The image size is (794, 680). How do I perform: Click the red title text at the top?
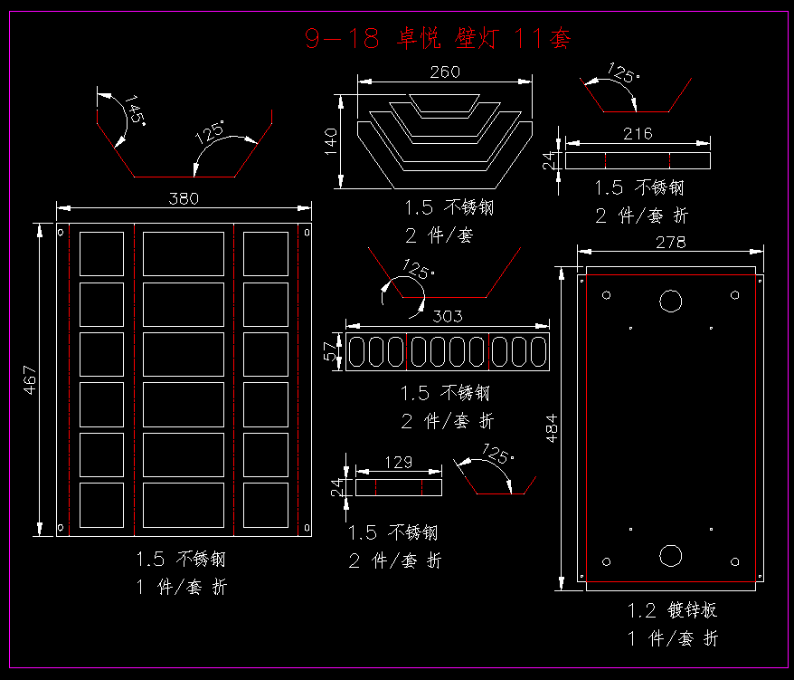click(x=438, y=38)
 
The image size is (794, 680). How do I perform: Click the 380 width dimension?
click(x=184, y=198)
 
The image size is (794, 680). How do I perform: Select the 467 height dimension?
click(x=30, y=379)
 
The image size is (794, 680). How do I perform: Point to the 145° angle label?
click(x=135, y=110)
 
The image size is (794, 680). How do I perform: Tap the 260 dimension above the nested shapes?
click(x=445, y=72)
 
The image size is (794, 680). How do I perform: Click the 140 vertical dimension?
click(x=330, y=141)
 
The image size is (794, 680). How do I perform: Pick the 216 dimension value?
click(x=638, y=134)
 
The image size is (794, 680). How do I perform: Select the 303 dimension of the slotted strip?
click(x=448, y=316)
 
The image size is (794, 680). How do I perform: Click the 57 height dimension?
click(x=330, y=351)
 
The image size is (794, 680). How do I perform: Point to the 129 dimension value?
click(x=399, y=462)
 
